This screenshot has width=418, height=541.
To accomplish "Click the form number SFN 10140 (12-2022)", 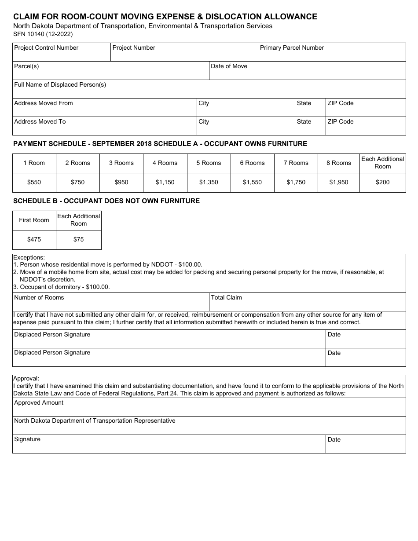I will (x=43, y=34).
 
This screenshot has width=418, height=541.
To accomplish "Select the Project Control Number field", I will (x=61, y=52).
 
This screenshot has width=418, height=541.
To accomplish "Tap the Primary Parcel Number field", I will (x=331, y=52).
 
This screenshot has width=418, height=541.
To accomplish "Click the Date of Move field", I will (x=307, y=71).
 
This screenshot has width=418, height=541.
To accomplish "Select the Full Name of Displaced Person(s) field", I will (x=209, y=89).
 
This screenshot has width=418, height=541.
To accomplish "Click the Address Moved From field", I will (x=104, y=108).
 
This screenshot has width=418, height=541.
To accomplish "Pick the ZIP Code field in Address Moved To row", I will (x=365, y=126).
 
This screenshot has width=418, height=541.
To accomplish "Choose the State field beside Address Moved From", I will (x=310, y=108).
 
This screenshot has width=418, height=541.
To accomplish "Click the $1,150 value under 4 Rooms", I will (x=165, y=182).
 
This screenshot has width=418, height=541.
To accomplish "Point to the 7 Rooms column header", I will (x=296, y=163).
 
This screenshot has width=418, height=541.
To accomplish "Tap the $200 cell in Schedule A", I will (x=382, y=182).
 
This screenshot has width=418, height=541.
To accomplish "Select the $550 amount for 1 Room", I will (x=34, y=182).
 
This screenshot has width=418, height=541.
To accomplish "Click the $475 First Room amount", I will (x=34, y=239).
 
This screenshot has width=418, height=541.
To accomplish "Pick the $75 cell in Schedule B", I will (x=78, y=239).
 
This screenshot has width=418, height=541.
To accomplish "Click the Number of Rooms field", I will (x=110, y=303).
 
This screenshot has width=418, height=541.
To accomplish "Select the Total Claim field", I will (x=307, y=303).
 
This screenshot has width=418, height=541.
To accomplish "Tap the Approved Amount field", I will (x=209, y=408).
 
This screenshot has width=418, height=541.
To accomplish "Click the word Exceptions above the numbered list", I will (x=29, y=257).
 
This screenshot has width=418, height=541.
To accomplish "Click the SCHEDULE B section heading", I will (x=106, y=201).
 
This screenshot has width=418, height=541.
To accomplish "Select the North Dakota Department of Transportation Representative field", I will (x=209, y=426).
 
